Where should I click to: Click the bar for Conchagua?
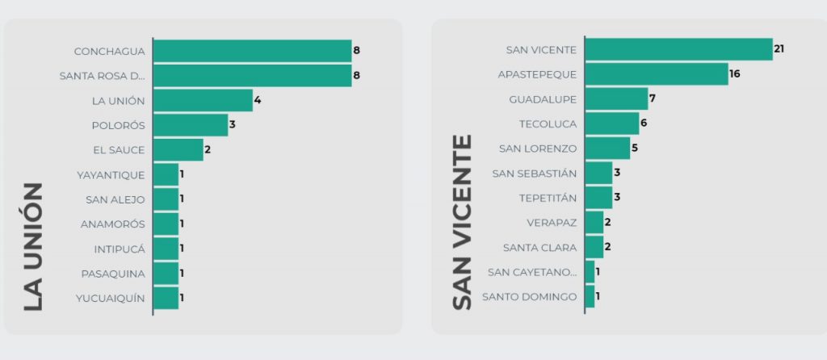[252, 51]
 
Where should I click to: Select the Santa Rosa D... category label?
[103, 76]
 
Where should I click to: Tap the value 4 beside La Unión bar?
[258, 101]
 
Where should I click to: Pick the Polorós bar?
[191, 125]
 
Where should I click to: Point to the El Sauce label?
[120, 150]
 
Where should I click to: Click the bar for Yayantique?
[166, 174]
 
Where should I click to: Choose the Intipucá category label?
[120, 249]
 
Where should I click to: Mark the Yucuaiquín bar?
[166, 298]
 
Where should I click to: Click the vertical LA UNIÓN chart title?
[32, 246]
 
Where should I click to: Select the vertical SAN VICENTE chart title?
[461, 222]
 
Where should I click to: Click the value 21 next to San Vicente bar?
[779, 49]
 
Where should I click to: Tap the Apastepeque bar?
[656, 74]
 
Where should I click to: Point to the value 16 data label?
[734, 74]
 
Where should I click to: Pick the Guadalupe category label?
[543, 99]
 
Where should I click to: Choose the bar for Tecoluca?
[611, 123]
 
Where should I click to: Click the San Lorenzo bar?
[607, 149]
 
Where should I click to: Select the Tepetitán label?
[548, 198]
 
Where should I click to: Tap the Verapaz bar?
[594, 222]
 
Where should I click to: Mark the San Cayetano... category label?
[532, 272]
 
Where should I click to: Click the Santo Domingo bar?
[590, 296]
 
